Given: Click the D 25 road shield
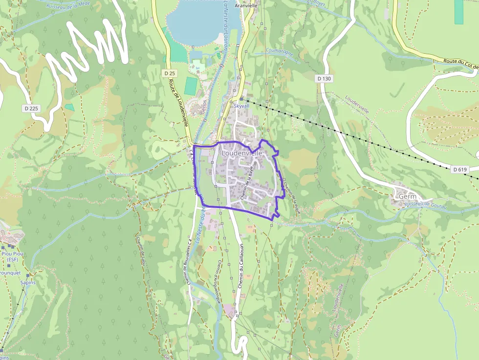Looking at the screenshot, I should tap(170, 73).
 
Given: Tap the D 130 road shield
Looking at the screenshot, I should tap(324, 78).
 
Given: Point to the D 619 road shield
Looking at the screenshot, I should tap(460, 169).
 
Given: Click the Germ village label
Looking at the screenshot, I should tap(407, 196).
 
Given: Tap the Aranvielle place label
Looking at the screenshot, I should tap(246, 6).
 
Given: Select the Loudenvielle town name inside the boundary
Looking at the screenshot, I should tap(242, 153).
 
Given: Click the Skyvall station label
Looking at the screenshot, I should tap(241, 106).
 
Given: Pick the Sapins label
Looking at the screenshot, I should tap(28, 282).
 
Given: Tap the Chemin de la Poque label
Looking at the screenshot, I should tap(292, 196).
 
